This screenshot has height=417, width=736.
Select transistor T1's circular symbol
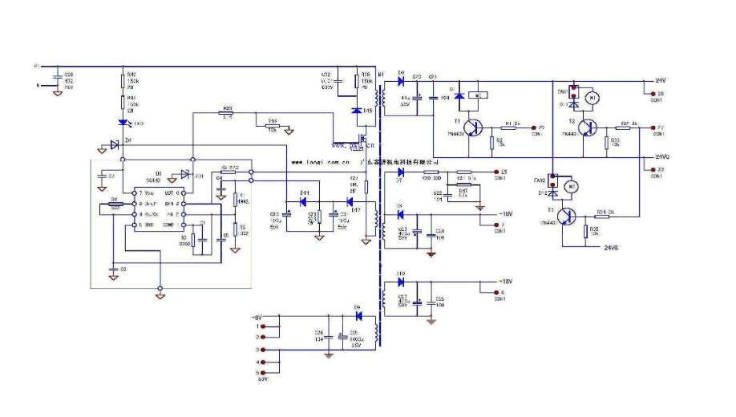pyautogui.click(x=475, y=128)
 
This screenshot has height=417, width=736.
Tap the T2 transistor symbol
pyautogui.click(x=589, y=128)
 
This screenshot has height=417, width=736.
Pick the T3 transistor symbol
pyautogui.click(x=568, y=216)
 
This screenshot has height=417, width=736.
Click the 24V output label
pyautogui.click(x=660, y=81)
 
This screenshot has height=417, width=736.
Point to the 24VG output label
pyautogui.click(x=661, y=156)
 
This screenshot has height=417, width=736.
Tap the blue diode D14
pyautogui.click(x=304, y=201)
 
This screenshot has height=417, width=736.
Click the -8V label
pyautogui.click(x=258, y=316)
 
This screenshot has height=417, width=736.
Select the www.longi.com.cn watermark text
pyautogui.click(x=317, y=160)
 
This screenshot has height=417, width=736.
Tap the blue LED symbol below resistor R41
pyautogui.click(x=122, y=123)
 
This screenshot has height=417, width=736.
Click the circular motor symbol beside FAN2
pyautogui.click(x=572, y=187)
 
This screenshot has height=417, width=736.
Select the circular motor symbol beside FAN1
pyautogui.click(x=594, y=98)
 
